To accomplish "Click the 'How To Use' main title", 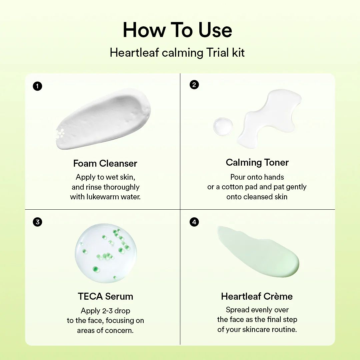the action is (177, 30).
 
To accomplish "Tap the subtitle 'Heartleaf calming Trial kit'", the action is (177, 53).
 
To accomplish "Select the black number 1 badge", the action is (37, 86).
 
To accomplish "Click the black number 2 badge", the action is (194, 85).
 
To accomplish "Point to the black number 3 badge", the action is (37, 222).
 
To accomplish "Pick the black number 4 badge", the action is (194, 222).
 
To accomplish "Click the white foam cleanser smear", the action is (103, 119).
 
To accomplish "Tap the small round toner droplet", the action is (223, 127).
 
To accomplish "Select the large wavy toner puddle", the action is (270, 118).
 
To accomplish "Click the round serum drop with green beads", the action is (106, 253).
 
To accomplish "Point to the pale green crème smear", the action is (258, 251).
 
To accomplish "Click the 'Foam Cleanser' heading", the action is (105, 163).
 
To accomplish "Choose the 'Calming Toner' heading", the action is (257, 162).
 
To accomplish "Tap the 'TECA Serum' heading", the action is (105, 296).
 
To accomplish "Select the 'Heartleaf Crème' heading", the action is (257, 296).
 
